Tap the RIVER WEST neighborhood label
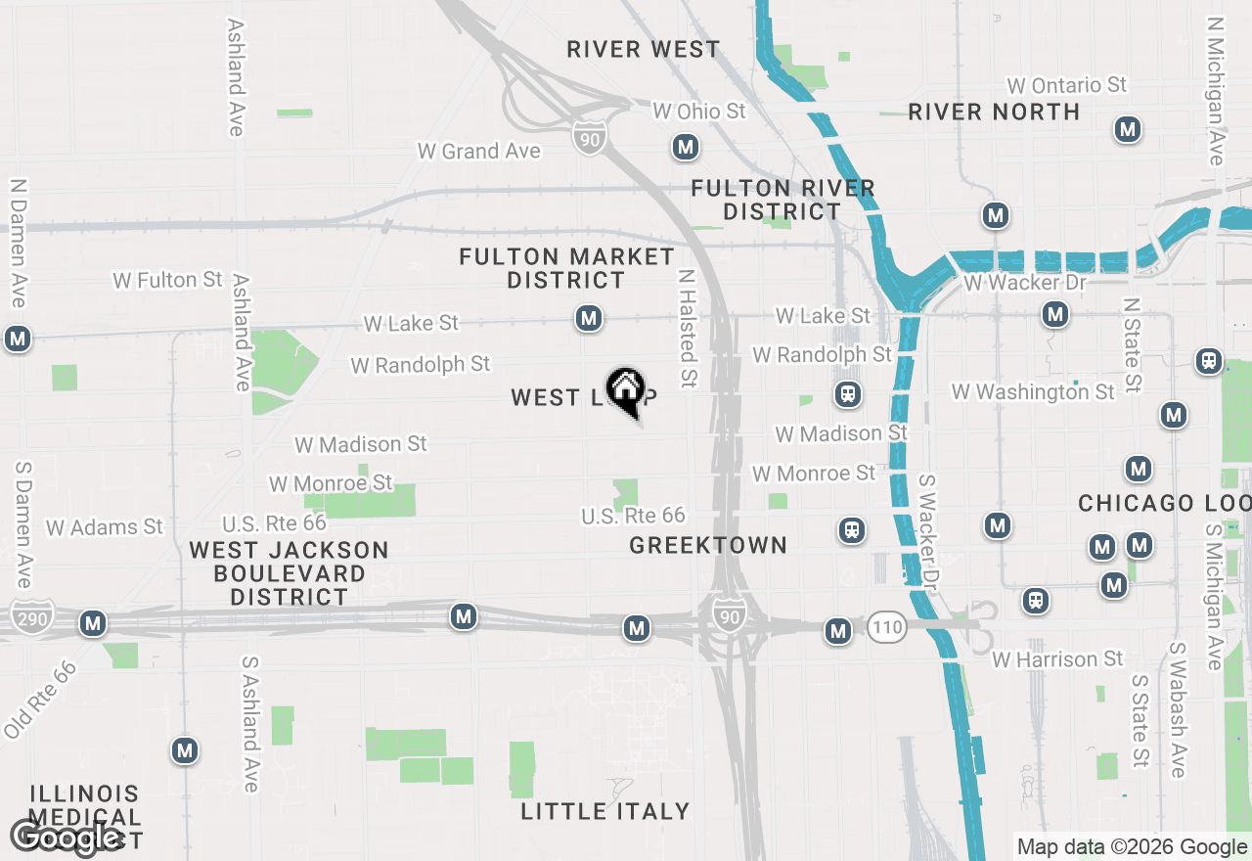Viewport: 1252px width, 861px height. pyautogui.click(x=643, y=49)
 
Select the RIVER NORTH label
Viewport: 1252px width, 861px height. pyautogui.click(x=994, y=112)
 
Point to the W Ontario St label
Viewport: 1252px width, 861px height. pyautogui.click(x=1066, y=86)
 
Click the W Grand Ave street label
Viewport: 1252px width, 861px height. pyautogui.click(x=478, y=151)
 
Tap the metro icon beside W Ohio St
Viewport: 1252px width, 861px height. pyautogui.click(x=686, y=148)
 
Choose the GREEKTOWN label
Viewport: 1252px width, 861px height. pyautogui.click(x=708, y=545)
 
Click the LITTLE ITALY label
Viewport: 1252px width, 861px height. pyautogui.click(x=604, y=810)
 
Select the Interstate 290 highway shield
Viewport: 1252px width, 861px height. pyautogui.click(x=27, y=616)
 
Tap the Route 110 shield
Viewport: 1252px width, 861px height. pyautogui.click(x=884, y=629)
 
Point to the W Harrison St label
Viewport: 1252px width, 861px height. pyautogui.click(x=1057, y=659)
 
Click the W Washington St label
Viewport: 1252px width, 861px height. pyautogui.click(x=1032, y=392)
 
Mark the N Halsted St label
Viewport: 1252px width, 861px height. pyautogui.click(x=687, y=328)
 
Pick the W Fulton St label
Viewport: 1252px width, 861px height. pyautogui.click(x=167, y=280)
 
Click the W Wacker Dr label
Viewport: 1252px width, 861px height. pyautogui.click(x=1024, y=283)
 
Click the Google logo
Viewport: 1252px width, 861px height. pyautogui.click(x=66, y=837)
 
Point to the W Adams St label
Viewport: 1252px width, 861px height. pyautogui.click(x=104, y=527)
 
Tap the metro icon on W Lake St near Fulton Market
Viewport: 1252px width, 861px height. pyautogui.click(x=588, y=318)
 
